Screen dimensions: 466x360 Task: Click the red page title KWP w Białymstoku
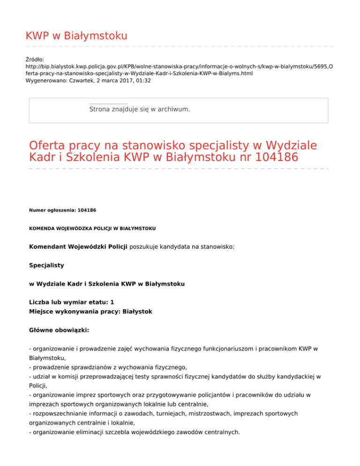76,36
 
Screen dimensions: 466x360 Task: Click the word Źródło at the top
35,60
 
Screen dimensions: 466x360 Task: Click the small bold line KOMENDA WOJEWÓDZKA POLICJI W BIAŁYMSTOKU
92,228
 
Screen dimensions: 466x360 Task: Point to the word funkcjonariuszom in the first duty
211,349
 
